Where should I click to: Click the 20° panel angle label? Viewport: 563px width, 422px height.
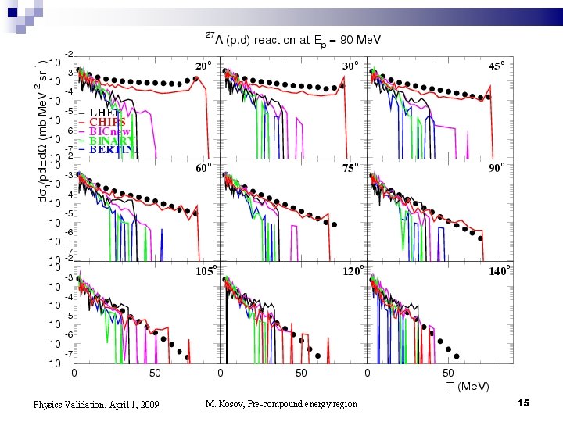[203, 66]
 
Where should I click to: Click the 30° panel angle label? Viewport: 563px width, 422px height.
[351, 66]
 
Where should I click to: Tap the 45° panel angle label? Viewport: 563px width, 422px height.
[497, 66]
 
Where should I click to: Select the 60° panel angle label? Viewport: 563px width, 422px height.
[203, 167]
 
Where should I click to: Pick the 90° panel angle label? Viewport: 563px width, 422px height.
[497, 167]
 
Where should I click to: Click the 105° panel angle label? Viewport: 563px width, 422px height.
[205, 271]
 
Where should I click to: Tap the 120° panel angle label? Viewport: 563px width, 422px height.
[353, 271]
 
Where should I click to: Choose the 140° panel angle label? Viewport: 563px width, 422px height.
[499, 271]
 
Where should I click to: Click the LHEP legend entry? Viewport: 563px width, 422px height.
[103, 113]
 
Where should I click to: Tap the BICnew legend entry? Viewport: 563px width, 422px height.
[109, 131]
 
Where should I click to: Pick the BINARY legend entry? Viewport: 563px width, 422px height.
[109, 141]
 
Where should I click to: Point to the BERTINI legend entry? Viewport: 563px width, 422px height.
[111, 149]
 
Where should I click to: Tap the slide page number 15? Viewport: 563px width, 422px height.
[524, 402]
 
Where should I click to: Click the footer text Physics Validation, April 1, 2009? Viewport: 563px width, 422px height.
[96, 404]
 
